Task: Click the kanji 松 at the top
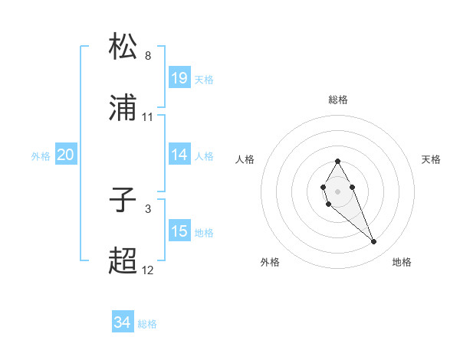click(x=123, y=47)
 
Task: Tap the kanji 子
click(x=123, y=200)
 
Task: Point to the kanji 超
click(x=123, y=261)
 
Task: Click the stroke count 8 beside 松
click(x=148, y=56)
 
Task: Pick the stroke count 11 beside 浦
click(x=148, y=117)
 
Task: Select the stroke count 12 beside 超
click(x=148, y=270)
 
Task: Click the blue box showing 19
click(x=179, y=78)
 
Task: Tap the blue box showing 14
click(x=179, y=155)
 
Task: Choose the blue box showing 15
click(x=179, y=231)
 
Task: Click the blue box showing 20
click(x=66, y=155)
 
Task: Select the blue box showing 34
click(x=123, y=323)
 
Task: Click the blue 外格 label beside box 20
click(x=41, y=155)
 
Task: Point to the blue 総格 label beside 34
click(x=147, y=324)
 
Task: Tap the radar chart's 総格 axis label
click(x=338, y=100)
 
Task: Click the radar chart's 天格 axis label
click(x=431, y=159)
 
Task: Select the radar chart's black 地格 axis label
click(x=402, y=262)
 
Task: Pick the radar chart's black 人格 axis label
click(x=245, y=159)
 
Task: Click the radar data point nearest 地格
click(x=374, y=242)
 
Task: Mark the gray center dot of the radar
click(x=337, y=190)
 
